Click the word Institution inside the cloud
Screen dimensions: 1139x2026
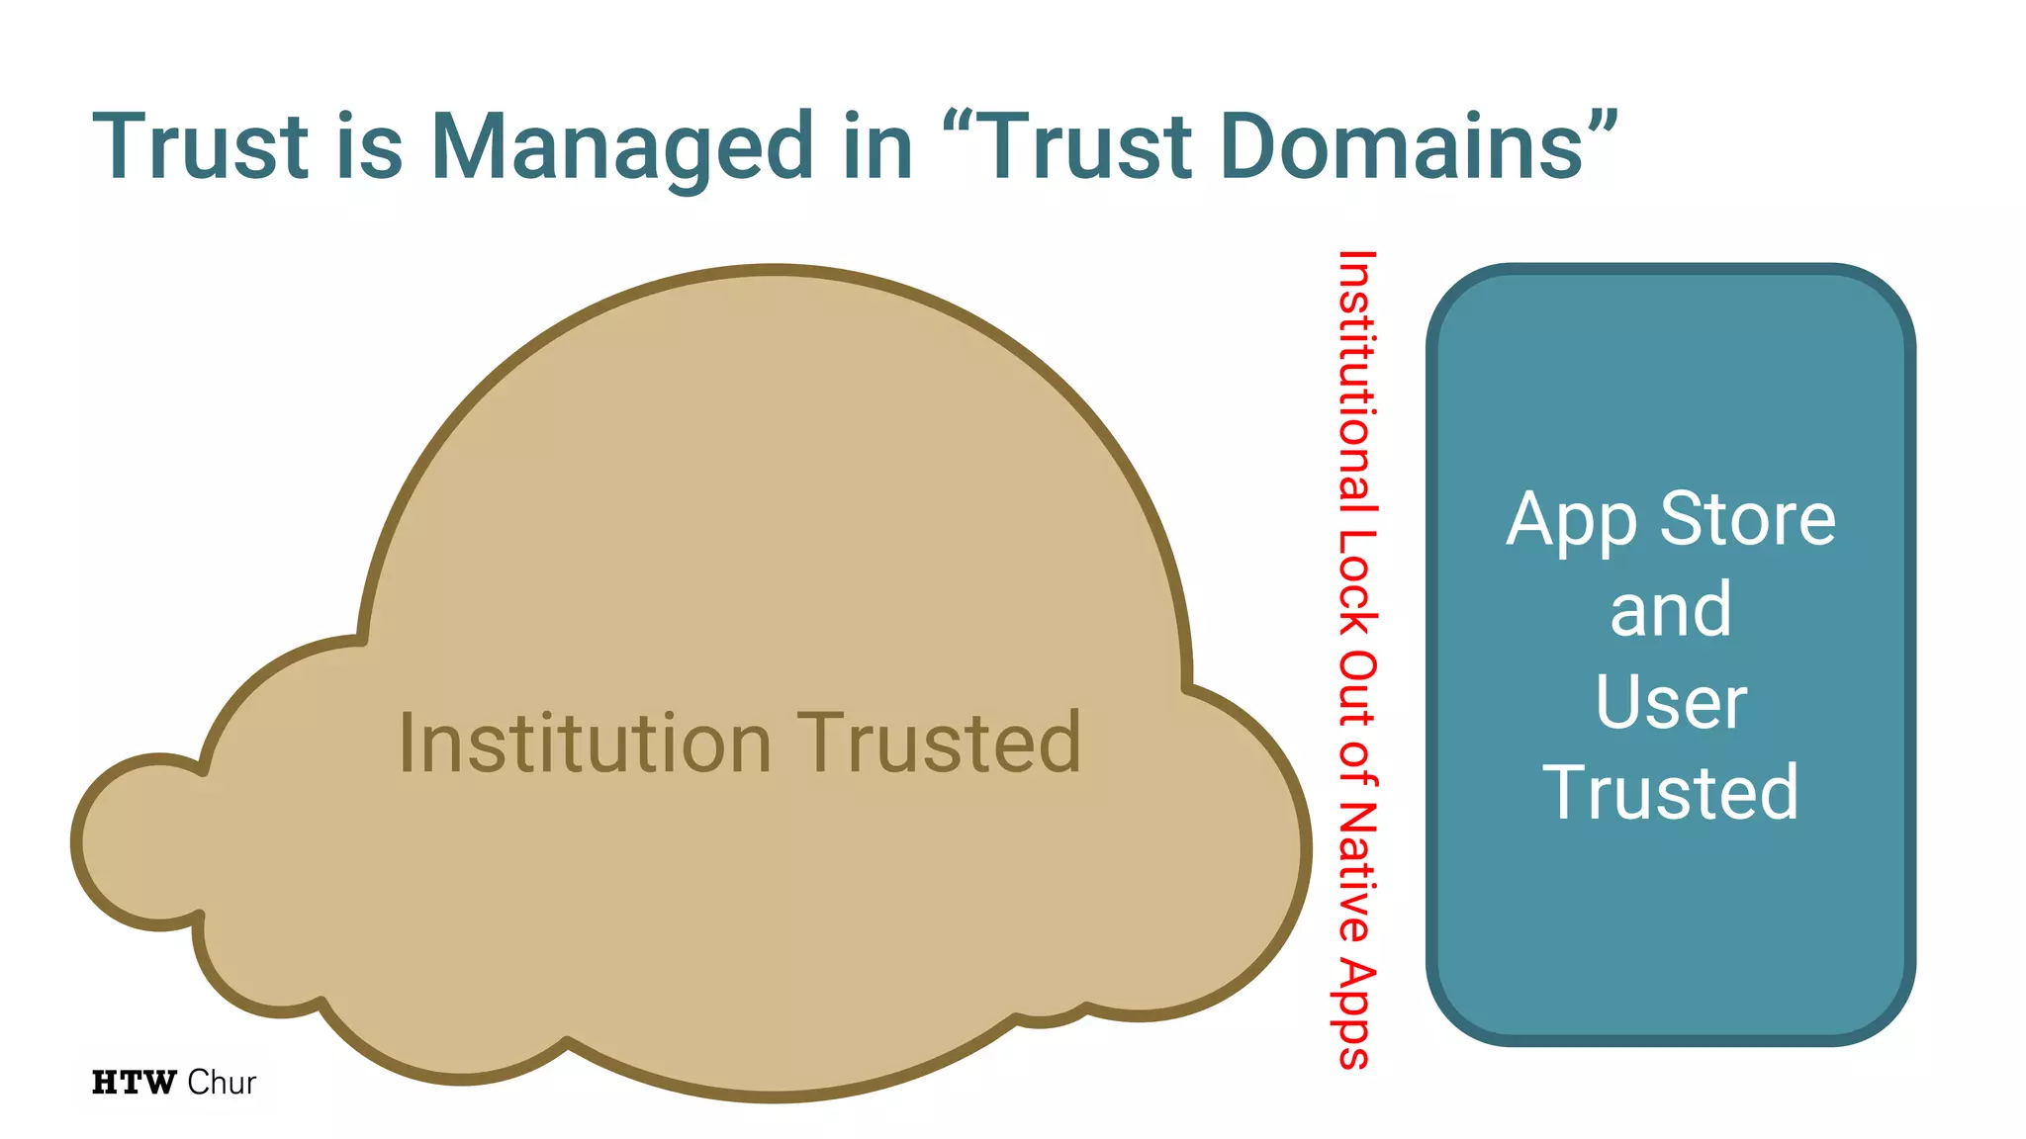(585, 744)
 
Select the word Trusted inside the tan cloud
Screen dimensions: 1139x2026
(939, 744)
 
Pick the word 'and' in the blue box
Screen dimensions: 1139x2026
(1671, 610)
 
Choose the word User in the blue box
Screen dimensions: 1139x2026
(1671, 702)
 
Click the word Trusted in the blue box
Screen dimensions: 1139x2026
(1671, 792)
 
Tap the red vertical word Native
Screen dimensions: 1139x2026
(1356, 871)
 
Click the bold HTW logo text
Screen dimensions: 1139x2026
(134, 1083)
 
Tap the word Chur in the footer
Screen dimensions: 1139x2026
(222, 1083)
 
